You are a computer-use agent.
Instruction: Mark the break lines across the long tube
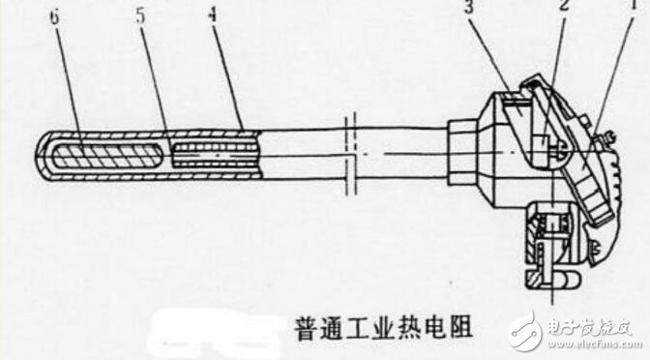click(353, 155)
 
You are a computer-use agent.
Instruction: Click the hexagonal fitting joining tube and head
click(462, 150)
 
